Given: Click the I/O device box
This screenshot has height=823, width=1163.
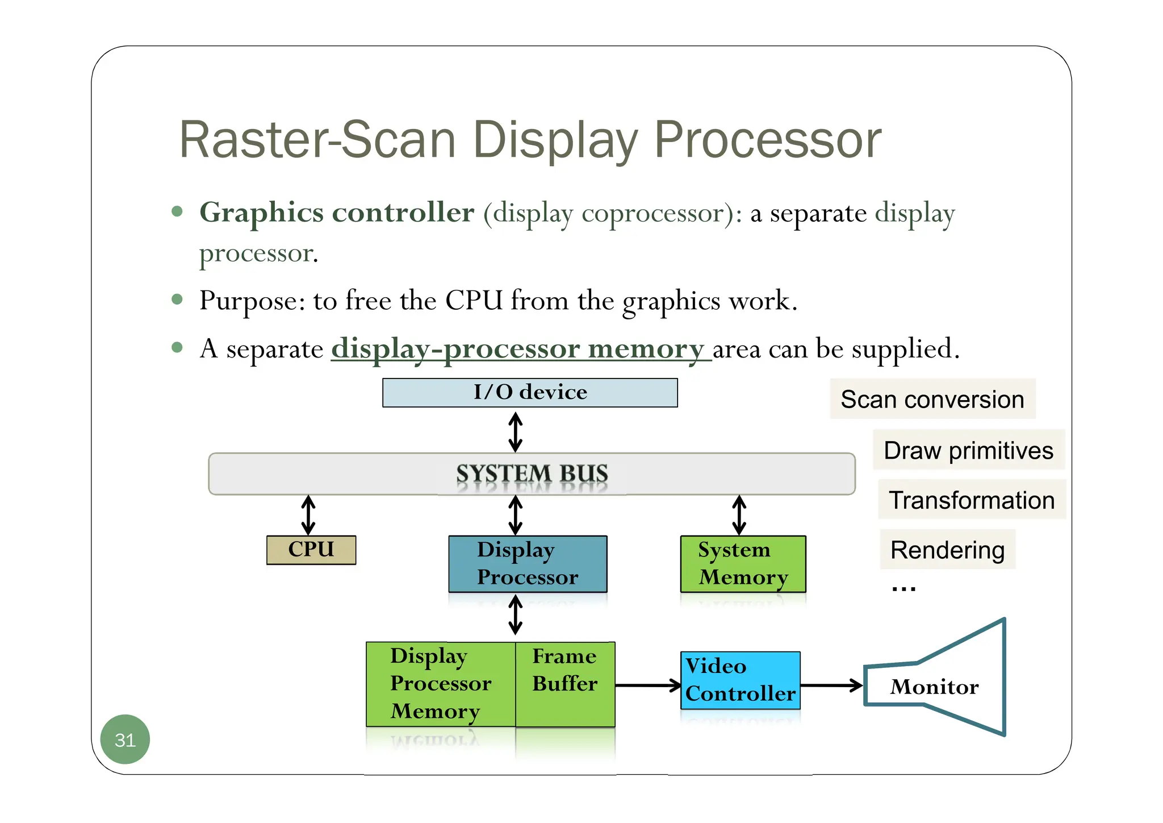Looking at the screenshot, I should [x=530, y=393].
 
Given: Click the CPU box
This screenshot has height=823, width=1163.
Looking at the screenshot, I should [x=311, y=550].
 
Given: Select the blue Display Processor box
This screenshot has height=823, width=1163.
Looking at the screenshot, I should [x=528, y=564].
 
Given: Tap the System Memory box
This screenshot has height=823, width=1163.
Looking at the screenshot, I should [x=743, y=564].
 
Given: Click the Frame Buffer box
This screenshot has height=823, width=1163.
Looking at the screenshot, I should [x=565, y=684].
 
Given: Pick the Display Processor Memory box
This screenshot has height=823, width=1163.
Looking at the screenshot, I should [x=441, y=684].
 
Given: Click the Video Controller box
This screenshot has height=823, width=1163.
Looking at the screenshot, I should [x=740, y=680].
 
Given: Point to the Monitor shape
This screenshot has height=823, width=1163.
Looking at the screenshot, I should [x=943, y=684].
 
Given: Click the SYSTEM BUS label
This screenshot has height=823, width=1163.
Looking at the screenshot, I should [x=532, y=473].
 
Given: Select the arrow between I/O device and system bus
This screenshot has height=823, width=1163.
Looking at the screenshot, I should [x=515, y=432].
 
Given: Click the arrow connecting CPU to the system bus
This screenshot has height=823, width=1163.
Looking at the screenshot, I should [x=308, y=515].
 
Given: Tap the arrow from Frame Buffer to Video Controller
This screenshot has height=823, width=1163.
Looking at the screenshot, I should [x=648, y=685].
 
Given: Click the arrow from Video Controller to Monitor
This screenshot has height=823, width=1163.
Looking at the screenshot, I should [x=831, y=685].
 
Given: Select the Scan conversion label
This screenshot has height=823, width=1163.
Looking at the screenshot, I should [x=932, y=399].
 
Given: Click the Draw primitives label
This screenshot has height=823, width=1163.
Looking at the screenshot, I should [x=968, y=450].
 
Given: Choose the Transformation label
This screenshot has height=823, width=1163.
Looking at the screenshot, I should [x=972, y=500].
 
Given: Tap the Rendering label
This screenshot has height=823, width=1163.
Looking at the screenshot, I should [x=947, y=550].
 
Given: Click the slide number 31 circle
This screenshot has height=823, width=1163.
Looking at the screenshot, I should [x=125, y=739].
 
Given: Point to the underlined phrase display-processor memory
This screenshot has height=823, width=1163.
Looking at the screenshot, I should [x=518, y=348].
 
